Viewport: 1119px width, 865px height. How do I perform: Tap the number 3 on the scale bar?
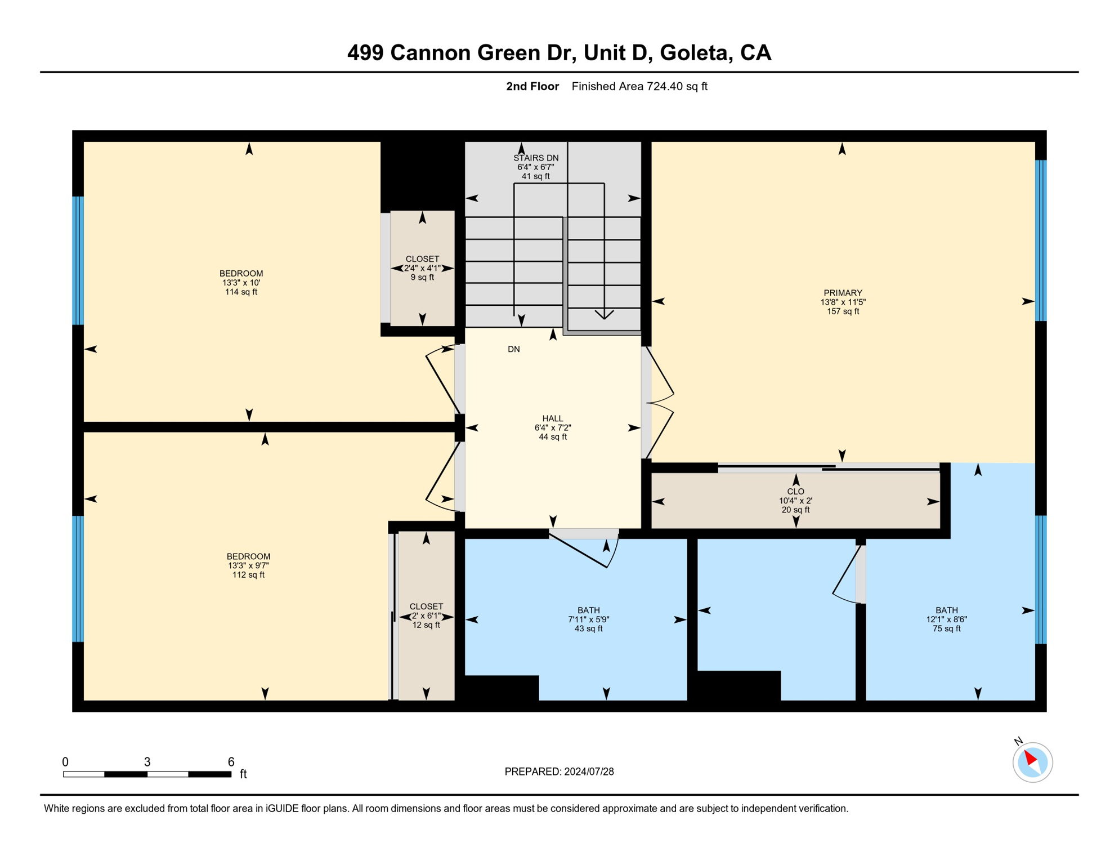pyautogui.click(x=147, y=762)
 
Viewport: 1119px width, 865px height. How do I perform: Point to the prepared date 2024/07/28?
pyautogui.click(x=589, y=772)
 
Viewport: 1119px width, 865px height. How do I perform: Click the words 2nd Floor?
pyautogui.click(x=532, y=86)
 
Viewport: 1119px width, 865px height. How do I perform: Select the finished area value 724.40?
pyautogui.click(x=665, y=86)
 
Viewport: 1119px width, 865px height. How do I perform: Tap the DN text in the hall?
pyautogui.click(x=513, y=349)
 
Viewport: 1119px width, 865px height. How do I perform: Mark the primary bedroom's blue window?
pyautogui.click(x=1041, y=240)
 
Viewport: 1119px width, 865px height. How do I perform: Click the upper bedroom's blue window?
pyautogui.click(x=78, y=261)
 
